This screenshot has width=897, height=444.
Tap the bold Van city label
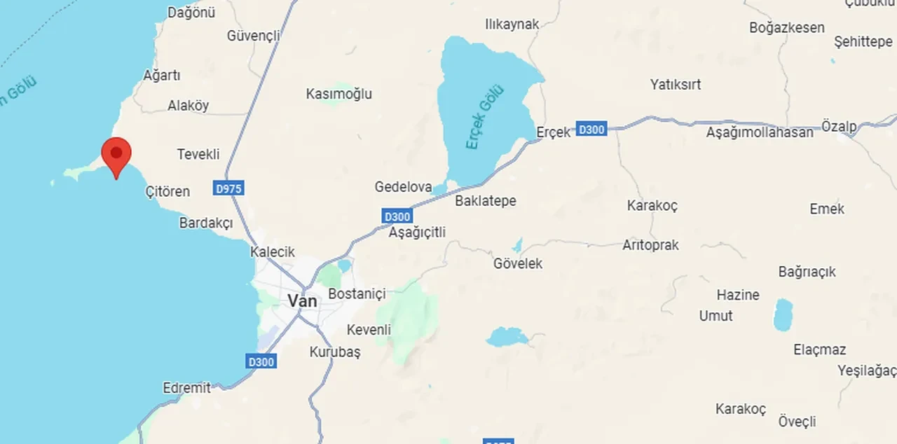(x=303, y=301)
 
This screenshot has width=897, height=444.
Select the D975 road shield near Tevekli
(x=229, y=188)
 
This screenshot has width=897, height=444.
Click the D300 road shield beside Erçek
(x=591, y=129)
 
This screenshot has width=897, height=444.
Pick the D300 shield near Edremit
(x=261, y=361)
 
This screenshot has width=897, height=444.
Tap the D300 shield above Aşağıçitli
(x=397, y=216)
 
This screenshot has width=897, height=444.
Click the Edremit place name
(x=186, y=387)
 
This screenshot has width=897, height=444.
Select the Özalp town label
(x=839, y=127)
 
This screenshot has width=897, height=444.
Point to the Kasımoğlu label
(x=339, y=94)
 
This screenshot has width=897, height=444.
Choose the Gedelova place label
(x=403, y=187)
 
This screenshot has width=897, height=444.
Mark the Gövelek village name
(x=518, y=264)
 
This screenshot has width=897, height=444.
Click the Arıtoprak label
(x=650, y=246)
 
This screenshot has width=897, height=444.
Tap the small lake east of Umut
(x=783, y=314)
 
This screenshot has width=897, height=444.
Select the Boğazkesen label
(x=787, y=28)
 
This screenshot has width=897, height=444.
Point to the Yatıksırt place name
(x=676, y=85)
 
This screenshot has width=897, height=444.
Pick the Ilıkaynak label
(x=512, y=25)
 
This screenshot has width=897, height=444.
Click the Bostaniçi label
(x=357, y=294)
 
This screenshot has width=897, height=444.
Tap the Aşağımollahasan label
(x=760, y=132)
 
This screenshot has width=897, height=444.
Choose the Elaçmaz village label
(x=820, y=349)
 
